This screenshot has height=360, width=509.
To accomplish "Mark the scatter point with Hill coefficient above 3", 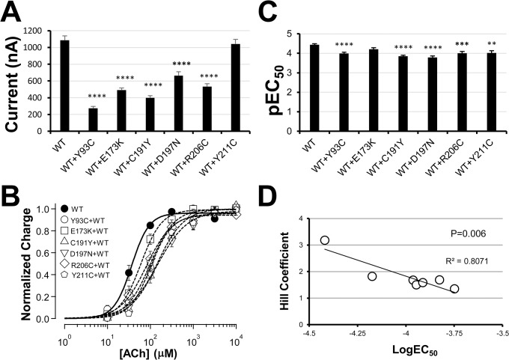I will tap(325, 241).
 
